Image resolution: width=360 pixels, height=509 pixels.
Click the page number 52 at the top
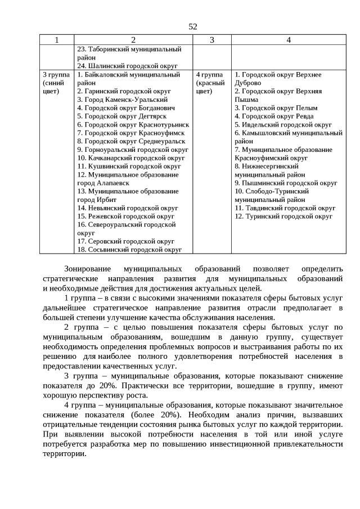193,26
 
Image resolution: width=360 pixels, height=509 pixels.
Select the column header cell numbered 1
56,40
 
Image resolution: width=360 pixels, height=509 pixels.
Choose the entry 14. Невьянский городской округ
127,208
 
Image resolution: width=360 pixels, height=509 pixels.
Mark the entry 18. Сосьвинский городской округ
129,249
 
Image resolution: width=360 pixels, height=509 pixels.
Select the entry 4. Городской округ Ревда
274,116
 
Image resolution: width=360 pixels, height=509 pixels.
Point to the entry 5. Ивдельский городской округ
283,124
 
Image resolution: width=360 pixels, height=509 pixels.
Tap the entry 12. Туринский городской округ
283,216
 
